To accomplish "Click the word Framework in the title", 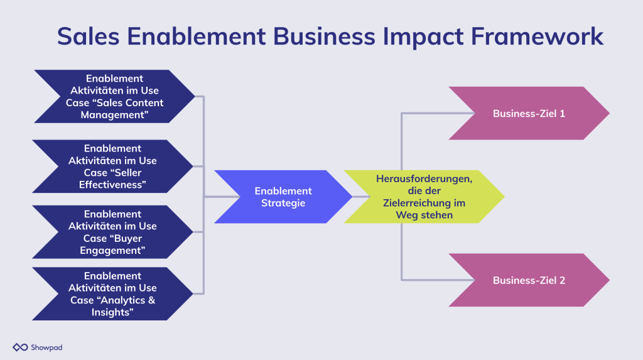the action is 537,36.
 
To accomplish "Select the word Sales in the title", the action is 88,36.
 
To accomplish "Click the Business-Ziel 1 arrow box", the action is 529,113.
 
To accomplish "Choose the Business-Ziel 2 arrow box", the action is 529,280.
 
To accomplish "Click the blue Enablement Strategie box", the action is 283,197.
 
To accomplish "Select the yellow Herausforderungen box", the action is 424,197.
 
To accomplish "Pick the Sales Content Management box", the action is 114,97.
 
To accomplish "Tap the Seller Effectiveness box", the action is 112,166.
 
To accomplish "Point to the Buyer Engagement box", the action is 112,232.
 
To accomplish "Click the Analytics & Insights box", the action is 112,294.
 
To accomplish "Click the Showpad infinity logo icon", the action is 20,347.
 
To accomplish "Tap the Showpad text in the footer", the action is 46,347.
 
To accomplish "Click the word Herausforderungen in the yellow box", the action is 424,179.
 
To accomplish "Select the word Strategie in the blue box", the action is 283,203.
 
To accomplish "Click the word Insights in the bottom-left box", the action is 112,312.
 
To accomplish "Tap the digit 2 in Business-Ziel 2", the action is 562,280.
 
